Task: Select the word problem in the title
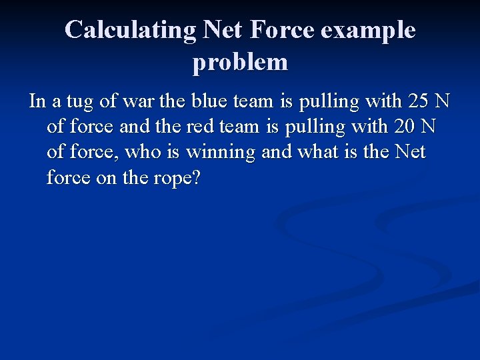pyautogui.click(x=240, y=62)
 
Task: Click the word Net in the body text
pyautogui.click(x=410, y=153)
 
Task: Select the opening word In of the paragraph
pyautogui.click(x=37, y=103)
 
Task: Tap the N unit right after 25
pyautogui.click(x=442, y=102)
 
